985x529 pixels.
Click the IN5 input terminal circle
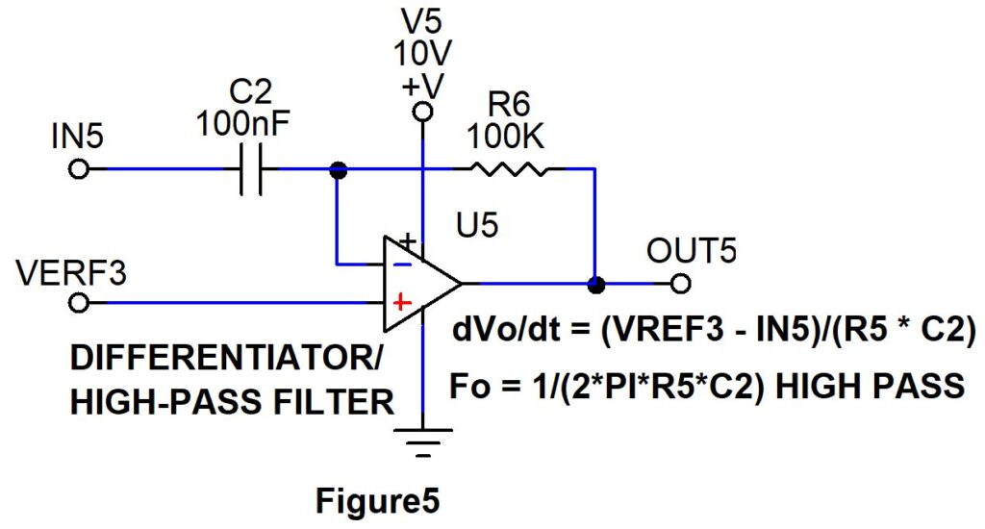(79, 169)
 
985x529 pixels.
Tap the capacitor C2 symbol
(251, 169)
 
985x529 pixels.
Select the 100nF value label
(242, 124)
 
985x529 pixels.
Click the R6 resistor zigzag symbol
(509, 169)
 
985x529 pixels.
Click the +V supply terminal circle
(423, 113)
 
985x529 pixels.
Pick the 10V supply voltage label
(423, 54)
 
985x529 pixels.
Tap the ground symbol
(423, 442)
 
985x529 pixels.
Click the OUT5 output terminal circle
(681, 284)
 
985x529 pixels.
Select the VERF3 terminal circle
(79, 303)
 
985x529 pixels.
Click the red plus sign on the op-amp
(401, 303)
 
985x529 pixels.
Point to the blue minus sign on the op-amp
(402, 264)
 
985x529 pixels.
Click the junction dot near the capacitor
(339, 169)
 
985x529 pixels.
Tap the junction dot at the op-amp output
(595, 285)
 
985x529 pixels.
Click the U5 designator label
(477, 224)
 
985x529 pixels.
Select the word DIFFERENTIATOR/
(226, 358)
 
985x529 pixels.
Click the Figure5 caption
(377, 501)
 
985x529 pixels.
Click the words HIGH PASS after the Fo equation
(870, 385)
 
